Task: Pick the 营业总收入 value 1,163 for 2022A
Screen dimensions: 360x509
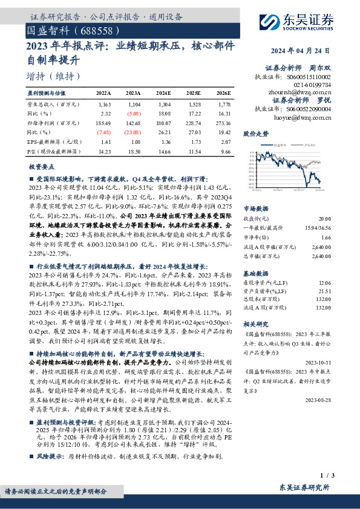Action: [x=104, y=105]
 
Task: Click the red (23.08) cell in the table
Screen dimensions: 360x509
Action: [x=134, y=131]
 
